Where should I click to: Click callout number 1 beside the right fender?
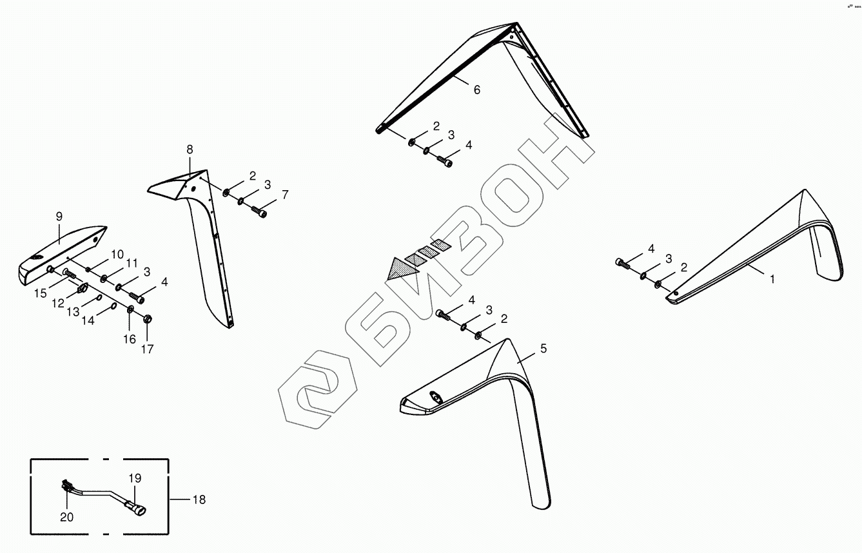point(772,279)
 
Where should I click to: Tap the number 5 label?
point(543,349)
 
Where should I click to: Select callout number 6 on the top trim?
point(476,90)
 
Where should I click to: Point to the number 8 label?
point(190,150)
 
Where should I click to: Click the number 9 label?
point(59,216)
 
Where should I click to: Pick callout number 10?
point(118,253)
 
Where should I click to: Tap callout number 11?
point(132,263)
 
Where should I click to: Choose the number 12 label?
point(58,303)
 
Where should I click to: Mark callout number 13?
point(73,312)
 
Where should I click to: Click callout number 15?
point(41,293)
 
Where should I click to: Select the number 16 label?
point(130,339)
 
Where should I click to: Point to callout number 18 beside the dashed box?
point(199,500)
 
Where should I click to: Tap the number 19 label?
point(134,478)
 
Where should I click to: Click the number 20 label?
point(67,517)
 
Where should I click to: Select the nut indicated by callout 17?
point(147,318)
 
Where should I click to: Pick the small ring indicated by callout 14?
point(113,306)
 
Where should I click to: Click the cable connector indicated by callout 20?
point(66,487)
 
